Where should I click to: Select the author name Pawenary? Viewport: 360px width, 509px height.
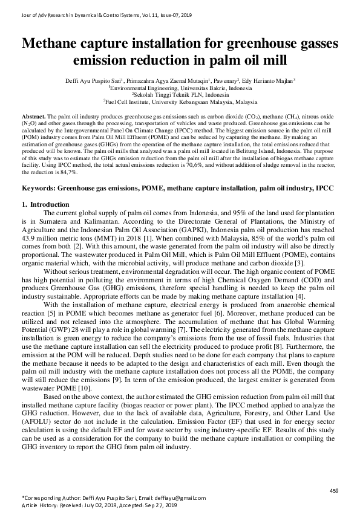click(x=223, y=79)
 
